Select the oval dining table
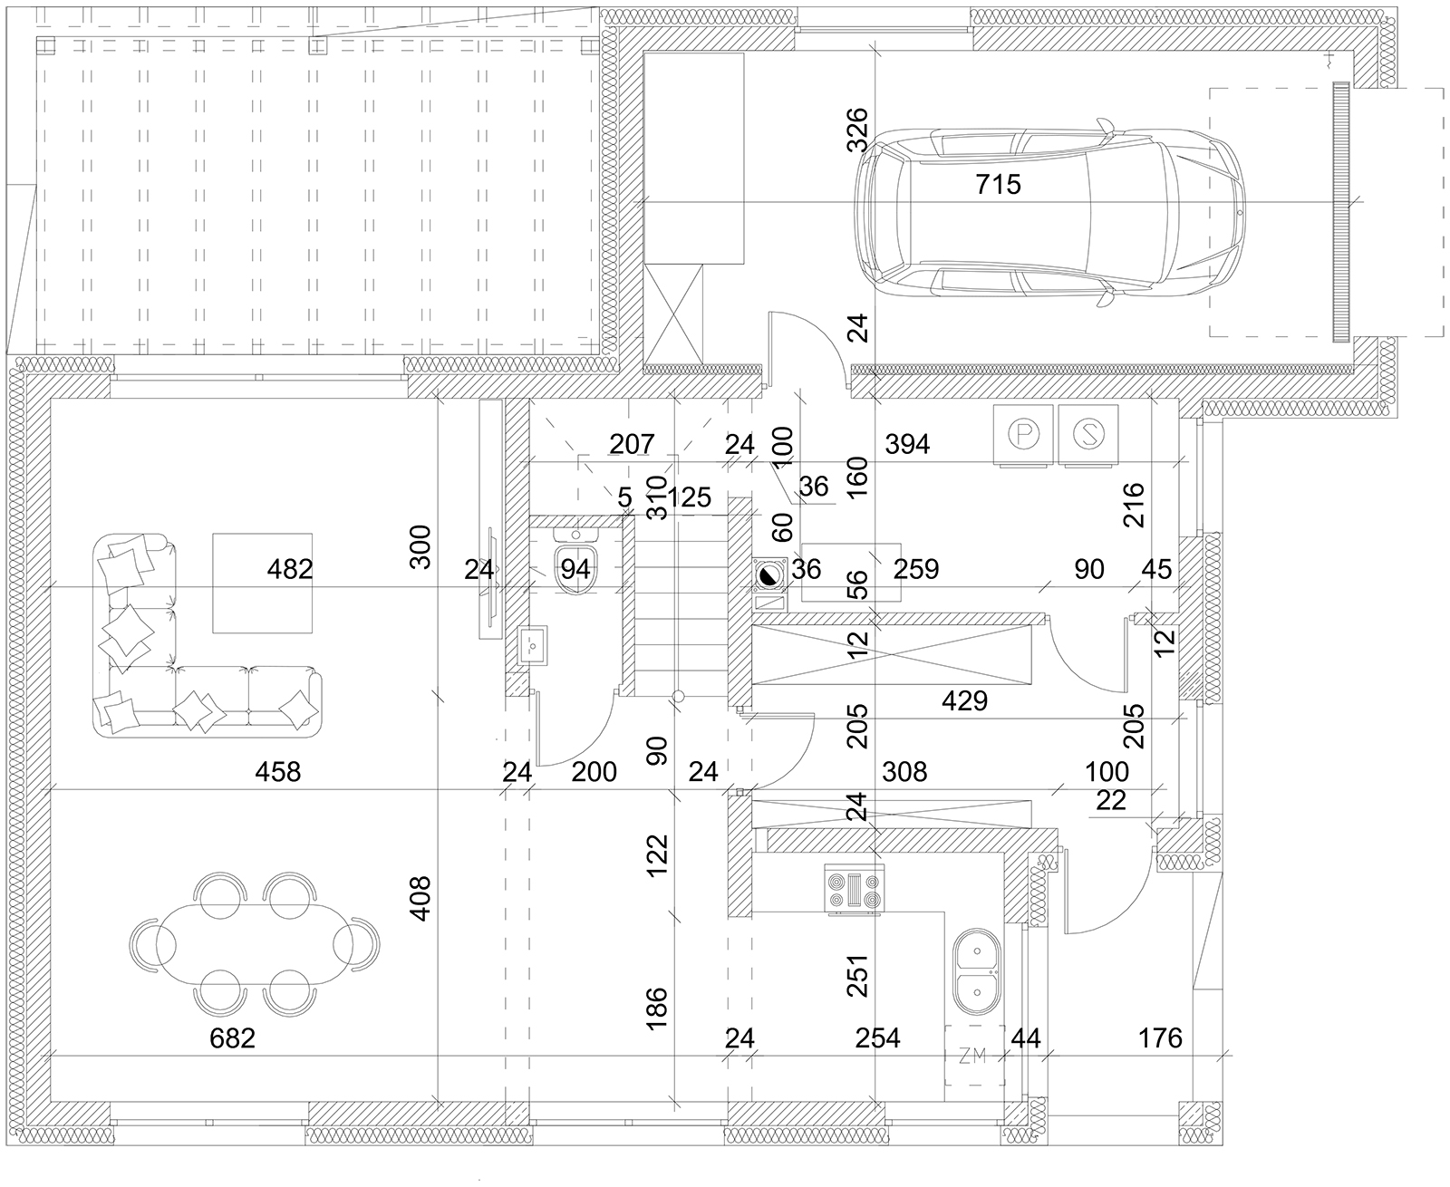(x=255, y=943)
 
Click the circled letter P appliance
(x=1023, y=436)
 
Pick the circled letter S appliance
(x=1088, y=436)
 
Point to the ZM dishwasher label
(x=972, y=1056)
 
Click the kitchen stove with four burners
(x=854, y=890)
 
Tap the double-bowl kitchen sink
(x=977, y=972)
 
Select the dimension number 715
(x=999, y=184)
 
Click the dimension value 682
(x=232, y=1037)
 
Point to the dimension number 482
(x=290, y=569)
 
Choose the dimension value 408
(x=420, y=898)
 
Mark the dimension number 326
(x=857, y=130)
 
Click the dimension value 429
(x=964, y=701)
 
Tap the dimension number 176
(x=1160, y=1037)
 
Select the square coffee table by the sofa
(x=262, y=583)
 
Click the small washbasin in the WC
(x=533, y=645)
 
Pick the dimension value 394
(x=907, y=445)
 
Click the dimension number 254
(x=878, y=1037)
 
